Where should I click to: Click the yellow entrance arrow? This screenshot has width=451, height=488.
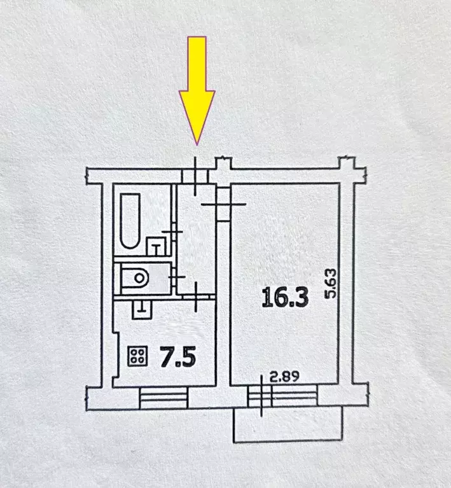pos(197,90)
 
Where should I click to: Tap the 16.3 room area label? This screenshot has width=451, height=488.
pos(285,297)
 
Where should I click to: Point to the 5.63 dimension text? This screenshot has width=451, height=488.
pos(331,284)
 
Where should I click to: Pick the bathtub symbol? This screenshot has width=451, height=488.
pos(130,221)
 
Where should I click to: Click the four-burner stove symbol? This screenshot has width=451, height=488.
pos(137,356)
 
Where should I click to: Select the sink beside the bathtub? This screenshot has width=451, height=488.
pos(156,246)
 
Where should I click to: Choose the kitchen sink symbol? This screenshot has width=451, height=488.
pos(142,309)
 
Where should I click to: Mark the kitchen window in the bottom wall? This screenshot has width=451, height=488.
pos(163,398)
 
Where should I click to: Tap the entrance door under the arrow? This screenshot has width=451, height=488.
pos(195,176)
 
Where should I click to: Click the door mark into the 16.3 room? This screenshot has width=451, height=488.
pos(223,204)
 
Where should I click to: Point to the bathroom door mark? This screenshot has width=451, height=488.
pos(172,232)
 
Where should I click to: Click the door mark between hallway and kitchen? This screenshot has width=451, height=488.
pos(196,297)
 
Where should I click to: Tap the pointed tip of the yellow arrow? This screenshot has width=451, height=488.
pos(197,145)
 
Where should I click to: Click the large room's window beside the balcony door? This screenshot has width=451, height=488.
pos(295,396)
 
